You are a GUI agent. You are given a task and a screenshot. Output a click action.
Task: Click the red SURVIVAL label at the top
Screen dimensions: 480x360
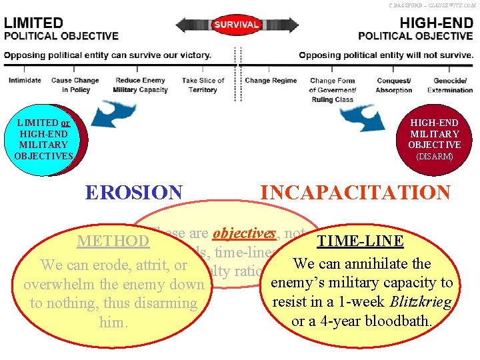236,25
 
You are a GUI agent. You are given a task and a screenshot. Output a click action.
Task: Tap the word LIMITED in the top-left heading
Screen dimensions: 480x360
34,23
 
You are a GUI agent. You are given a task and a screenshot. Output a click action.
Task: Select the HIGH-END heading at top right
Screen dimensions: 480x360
436,23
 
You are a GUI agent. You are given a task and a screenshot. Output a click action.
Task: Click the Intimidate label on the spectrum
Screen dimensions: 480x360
25,81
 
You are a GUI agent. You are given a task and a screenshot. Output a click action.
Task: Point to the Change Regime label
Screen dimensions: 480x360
271,81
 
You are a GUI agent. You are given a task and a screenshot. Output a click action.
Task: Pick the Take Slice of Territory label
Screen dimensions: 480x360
203,85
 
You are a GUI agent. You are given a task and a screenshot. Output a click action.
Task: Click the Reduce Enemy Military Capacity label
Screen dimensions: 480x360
140,85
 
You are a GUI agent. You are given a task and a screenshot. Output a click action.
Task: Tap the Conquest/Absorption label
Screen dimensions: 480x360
394,85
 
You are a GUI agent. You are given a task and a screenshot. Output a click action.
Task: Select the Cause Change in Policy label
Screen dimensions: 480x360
75,85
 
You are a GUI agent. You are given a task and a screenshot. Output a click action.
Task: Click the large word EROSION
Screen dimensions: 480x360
133,193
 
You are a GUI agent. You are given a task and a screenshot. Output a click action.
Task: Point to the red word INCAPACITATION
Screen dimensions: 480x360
355,193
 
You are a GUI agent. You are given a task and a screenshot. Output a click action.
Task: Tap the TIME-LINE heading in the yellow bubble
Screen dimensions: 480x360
360,241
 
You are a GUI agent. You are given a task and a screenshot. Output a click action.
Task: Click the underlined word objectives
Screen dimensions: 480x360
244,233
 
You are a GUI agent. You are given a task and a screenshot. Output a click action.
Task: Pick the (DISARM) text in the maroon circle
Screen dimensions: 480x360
435,157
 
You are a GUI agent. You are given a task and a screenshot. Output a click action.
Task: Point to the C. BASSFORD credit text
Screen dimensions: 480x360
433,5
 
